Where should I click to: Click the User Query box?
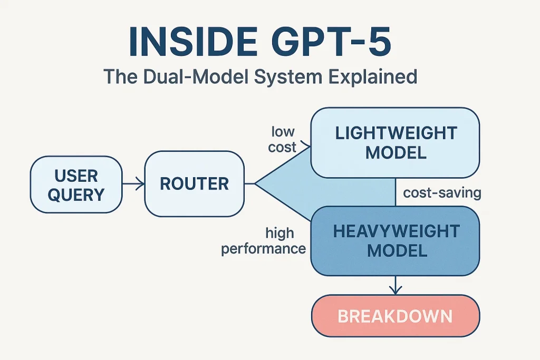tap(76, 184)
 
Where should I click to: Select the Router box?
tap(194, 183)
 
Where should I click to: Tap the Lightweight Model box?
tap(395, 142)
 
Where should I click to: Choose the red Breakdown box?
tap(395, 316)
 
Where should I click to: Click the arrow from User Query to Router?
tap(133, 184)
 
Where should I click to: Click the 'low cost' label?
tap(283, 139)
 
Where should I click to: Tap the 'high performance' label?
tap(264, 240)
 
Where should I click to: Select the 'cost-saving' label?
tap(442, 193)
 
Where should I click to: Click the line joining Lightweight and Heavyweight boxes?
tap(396, 192)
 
